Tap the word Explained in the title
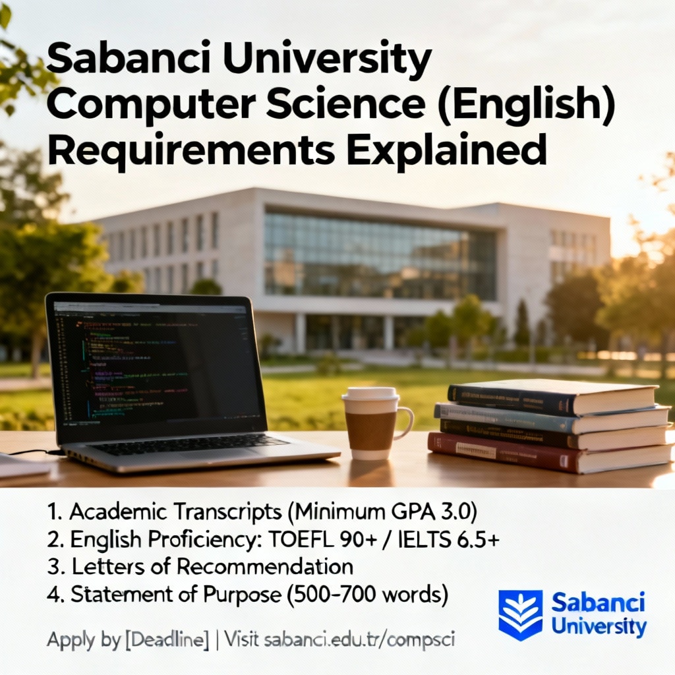446,150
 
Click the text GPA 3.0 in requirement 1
449,512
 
